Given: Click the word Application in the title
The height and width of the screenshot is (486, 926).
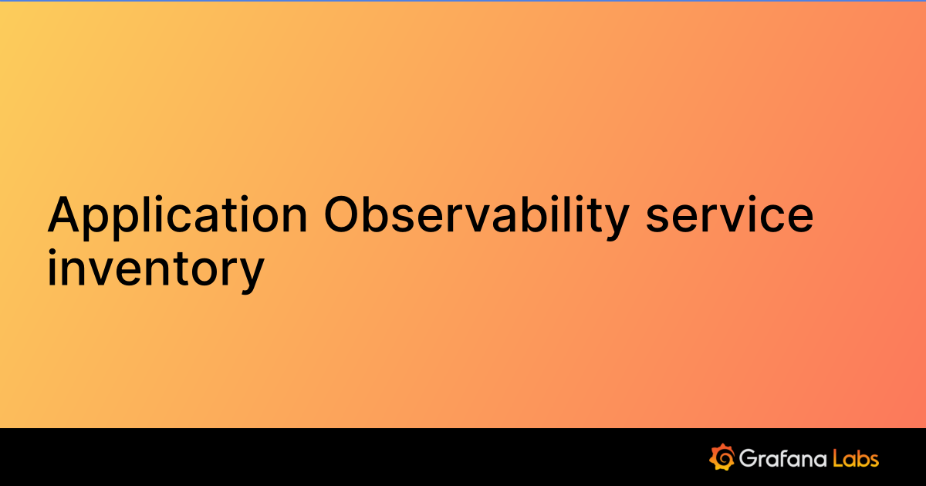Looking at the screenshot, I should click(177, 216).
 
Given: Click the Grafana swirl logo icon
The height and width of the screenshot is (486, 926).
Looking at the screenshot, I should click(721, 457).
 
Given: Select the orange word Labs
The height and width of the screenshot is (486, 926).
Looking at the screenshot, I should click(856, 458).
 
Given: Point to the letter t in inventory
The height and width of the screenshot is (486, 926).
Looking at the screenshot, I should click(178, 268).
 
